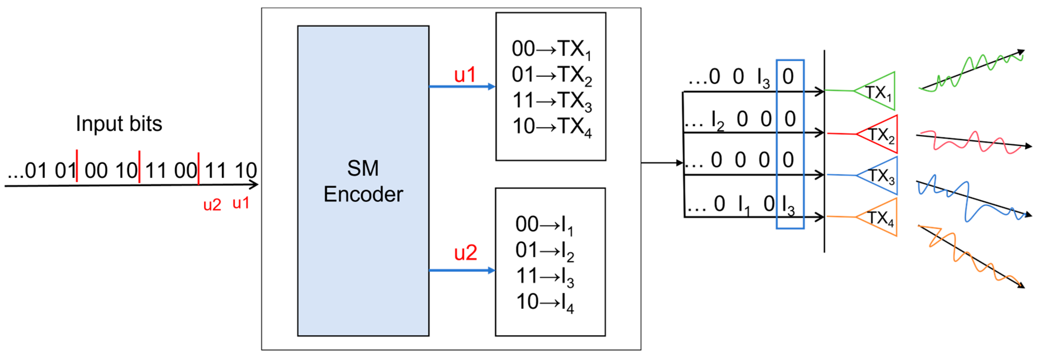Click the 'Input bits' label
click(x=119, y=124)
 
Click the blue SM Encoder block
click(x=363, y=181)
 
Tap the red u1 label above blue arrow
click(x=465, y=75)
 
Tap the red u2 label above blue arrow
click(x=466, y=253)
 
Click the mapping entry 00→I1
click(x=544, y=225)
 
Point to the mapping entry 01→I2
click(x=544, y=251)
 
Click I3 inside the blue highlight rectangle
click(x=788, y=205)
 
